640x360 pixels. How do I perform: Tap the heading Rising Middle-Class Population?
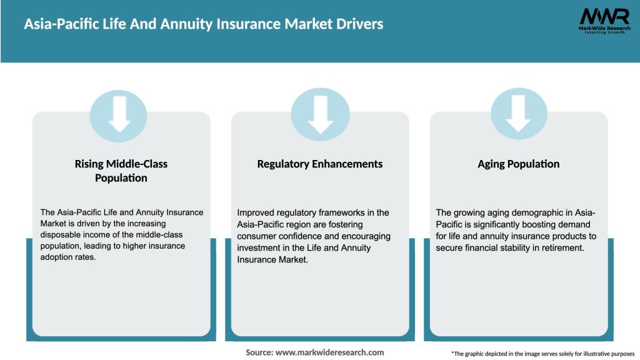(x=121, y=171)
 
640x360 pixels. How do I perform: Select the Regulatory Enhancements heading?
(x=320, y=164)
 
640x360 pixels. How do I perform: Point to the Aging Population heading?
(x=518, y=164)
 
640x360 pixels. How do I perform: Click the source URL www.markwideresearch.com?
(x=329, y=352)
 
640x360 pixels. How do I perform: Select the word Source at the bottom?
(x=258, y=352)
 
